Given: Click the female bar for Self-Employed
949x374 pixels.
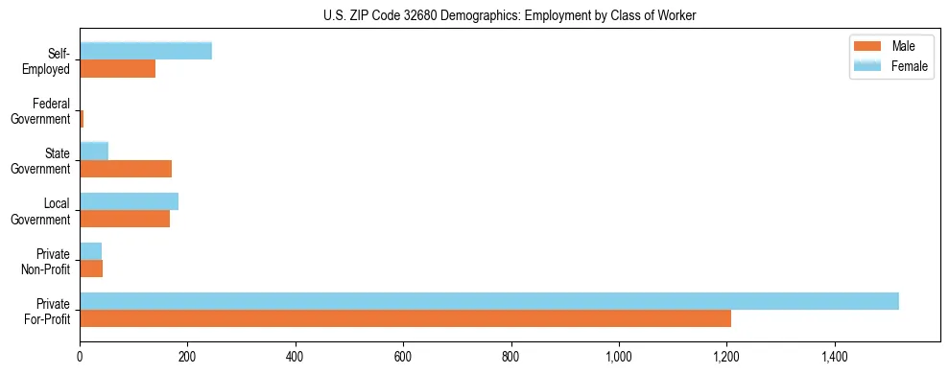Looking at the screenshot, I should point(146,51).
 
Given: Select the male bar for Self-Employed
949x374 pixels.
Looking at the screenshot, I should point(117,69).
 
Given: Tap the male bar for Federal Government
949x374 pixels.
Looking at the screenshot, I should point(82,119).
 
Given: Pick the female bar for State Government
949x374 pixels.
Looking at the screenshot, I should point(94,151).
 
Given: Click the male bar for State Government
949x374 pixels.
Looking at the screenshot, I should point(126,169).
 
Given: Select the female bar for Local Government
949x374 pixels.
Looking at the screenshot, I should point(129,200).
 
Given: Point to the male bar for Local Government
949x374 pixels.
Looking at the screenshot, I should point(125,219).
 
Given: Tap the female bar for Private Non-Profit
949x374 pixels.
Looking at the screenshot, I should point(90,250).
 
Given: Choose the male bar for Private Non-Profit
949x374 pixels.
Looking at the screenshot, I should point(91,269).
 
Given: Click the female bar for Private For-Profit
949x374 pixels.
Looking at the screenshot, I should point(489,300).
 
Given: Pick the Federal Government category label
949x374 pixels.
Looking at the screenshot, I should point(41,111).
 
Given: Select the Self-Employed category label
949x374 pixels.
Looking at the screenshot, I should point(48,61).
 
